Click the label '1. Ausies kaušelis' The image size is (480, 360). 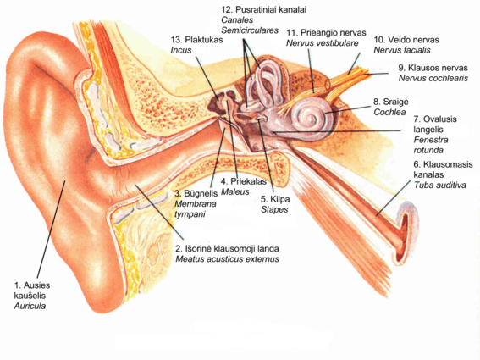tap(32, 291)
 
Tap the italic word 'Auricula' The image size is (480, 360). tap(30, 306)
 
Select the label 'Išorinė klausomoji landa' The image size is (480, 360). tap(231, 248)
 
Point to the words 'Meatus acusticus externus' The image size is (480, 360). tap(227, 259)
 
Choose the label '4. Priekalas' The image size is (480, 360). tap(244, 181)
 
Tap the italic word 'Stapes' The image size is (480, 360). tap(274, 209)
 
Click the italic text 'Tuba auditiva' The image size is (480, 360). tap(440, 185)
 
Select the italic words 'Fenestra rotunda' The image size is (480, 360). tap(431, 145)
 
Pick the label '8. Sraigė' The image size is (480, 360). tap(391, 102)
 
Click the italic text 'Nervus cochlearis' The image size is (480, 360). tap(433, 78)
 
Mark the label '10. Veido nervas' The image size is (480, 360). tap(406, 40)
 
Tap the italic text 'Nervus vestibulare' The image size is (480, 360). tap(322, 43)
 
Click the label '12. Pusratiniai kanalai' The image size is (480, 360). tap(264, 9)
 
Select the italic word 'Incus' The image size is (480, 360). tap(181, 50)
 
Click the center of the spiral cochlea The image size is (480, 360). tap(310, 118)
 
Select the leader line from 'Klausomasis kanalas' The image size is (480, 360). tap(394, 198)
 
